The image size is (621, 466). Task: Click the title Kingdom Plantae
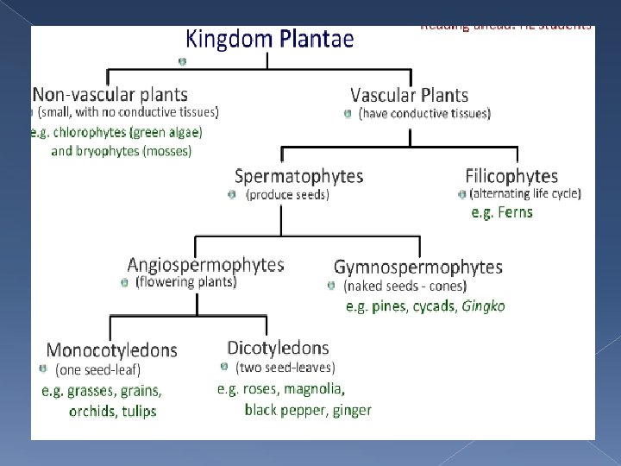[x=270, y=39]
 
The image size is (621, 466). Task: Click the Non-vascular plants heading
[x=110, y=94]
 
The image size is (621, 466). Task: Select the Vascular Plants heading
[x=409, y=95]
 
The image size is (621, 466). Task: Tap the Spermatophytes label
[x=298, y=176]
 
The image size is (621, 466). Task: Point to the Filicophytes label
[x=511, y=176]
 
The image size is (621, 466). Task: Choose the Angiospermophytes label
[x=205, y=265]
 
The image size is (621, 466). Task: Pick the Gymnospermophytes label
[x=417, y=268]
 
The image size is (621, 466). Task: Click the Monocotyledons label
[x=111, y=349]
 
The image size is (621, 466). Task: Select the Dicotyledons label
[x=277, y=348]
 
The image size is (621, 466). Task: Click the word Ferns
[x=514, y=212]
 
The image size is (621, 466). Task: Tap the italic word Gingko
[x=483, y=306]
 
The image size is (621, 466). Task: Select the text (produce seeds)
[x=287, y=195]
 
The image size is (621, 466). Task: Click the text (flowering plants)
[x=185, y=282]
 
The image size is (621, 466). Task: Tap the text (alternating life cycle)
[x=524, y=193]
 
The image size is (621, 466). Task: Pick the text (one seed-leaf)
[x=97, y=369]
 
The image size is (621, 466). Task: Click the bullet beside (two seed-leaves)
[x=223, y=367]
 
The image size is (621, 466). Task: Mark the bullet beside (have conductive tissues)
[x=348, y=113]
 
